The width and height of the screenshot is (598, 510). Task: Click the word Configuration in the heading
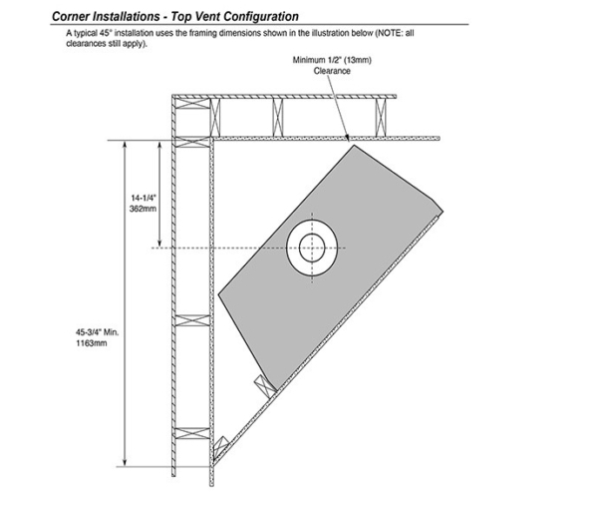(262, 16)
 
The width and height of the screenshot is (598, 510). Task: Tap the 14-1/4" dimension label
(144, 198)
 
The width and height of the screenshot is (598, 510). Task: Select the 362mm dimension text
(143, 209)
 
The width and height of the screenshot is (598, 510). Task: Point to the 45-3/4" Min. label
(97, 332)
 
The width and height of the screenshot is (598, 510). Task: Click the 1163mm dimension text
(92, 343)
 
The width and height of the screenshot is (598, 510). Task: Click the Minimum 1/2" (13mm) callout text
(332, 60)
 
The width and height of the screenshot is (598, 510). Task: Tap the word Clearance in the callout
(332, 71)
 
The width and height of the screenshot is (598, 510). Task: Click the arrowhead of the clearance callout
(347, 138)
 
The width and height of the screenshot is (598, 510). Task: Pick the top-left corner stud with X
(192, 104)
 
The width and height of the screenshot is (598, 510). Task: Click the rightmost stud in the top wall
(381, 117)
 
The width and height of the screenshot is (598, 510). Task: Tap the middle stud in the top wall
(278, 117)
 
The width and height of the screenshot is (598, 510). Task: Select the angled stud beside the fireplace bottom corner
(265, 386)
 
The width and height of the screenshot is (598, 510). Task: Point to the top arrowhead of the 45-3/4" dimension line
(125, 144)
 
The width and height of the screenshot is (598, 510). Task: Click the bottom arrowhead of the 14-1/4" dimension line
(159, 243)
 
